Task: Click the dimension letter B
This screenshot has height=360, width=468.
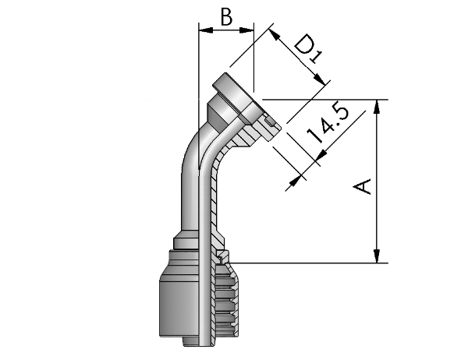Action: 226,16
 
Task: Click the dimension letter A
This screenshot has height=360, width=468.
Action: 362,186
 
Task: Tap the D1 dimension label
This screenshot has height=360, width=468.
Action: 308,48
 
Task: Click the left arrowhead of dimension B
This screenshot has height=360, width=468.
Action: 206,30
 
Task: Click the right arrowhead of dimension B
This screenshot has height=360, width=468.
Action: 246,30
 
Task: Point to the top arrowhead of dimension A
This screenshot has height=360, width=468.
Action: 378,107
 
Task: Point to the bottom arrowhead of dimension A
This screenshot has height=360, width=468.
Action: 378,256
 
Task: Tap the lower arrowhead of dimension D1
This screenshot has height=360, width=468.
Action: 320,79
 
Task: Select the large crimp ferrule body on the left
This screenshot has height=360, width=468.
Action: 179,307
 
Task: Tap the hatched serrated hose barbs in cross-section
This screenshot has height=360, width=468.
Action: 226,302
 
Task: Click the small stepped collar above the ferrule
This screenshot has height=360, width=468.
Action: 186,240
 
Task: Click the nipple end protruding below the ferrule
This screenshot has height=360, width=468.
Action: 191,342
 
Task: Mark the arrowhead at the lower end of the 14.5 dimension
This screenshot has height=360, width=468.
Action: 295,180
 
